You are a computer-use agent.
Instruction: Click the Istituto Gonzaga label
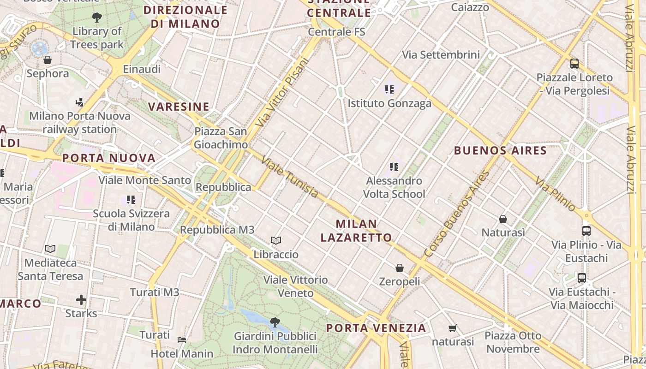click(389, 103)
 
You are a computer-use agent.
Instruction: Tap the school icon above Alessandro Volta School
click(394, 167)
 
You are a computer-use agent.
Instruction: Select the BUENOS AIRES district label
click(500, 150)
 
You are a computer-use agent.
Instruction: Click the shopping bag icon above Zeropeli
click(400, 268)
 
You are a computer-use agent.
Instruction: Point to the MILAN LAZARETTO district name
click(356, 231)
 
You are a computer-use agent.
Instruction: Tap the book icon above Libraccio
click(276, 241)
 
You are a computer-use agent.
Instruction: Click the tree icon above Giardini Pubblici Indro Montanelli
click(275, 322)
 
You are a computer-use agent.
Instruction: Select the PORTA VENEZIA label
click(376, 328)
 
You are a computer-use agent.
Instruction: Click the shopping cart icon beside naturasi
click(453, 328)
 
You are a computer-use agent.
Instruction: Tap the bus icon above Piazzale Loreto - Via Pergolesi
click(574, 64)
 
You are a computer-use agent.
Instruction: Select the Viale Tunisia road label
click(290, 177)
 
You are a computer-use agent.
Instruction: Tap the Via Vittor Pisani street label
click(281, 92)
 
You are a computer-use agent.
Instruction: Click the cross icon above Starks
click(81, 300)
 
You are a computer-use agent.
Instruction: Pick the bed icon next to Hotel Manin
click(182, 340)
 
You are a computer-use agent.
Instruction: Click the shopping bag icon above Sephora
click(47, 60)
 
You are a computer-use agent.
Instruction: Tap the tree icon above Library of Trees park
click(97, 18)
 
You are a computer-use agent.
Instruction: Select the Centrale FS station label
click(336, 32)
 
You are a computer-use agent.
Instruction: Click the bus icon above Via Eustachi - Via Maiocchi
click(582, 278)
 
